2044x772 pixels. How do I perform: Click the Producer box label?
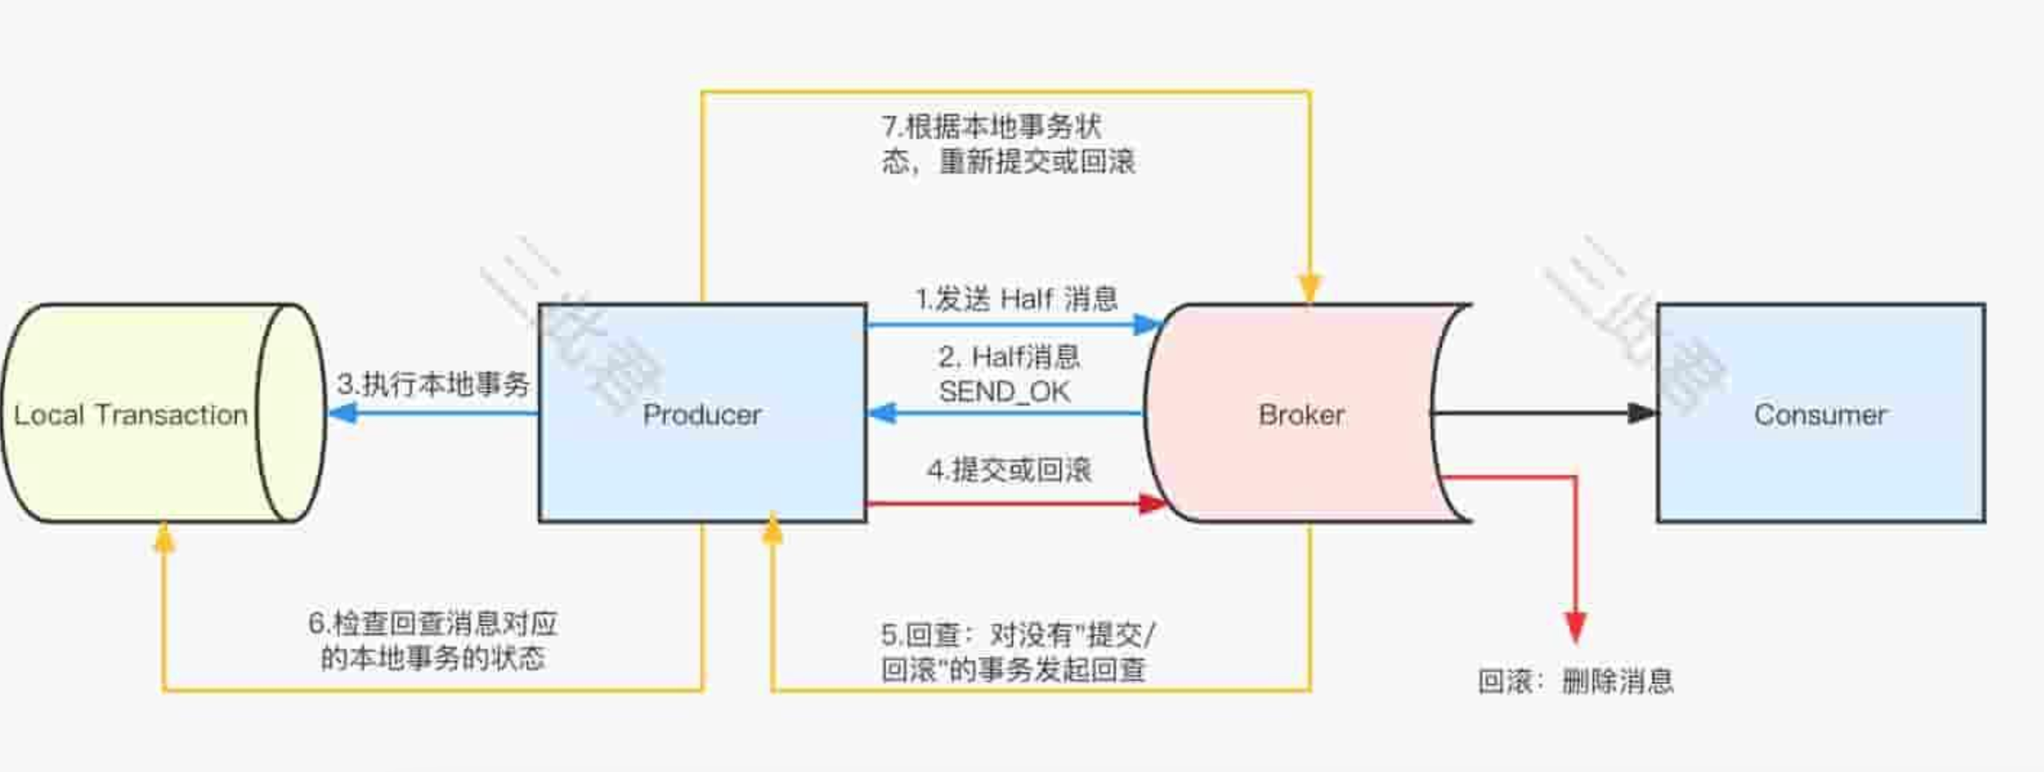click(x=701, y=414)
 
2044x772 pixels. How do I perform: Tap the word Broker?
click(x=1302, y=414)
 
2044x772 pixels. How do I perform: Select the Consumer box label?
click(x=1820, y=414)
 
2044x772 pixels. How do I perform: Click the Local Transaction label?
click(x=131, y=414)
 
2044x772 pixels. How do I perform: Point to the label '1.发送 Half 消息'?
click(x=1016, y=299)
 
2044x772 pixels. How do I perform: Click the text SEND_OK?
click(x=1005, y=391)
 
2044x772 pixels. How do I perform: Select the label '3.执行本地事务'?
click(x=433, y=384)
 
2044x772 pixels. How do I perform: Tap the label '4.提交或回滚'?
click(x=1009, y=470)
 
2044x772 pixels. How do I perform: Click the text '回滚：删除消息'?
click(x=1575, y=681)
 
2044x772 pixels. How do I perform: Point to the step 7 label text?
click(x=1008, y=143)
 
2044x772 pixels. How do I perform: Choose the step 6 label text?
click(x=433, y=640)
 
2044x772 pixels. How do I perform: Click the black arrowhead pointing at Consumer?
click(x=1641, y=413)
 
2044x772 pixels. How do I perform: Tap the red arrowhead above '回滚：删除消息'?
click(x=1575, y=627)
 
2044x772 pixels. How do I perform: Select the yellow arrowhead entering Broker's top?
click(x=1310, y=288)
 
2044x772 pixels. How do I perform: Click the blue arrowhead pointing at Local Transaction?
click(x=343, y=413)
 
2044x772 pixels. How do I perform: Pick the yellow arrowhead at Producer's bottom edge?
click(x=772, y=530)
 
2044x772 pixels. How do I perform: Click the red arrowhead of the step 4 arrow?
click(x=1152, y=503)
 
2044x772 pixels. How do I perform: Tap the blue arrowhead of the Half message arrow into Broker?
click(x=1147, y=324)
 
